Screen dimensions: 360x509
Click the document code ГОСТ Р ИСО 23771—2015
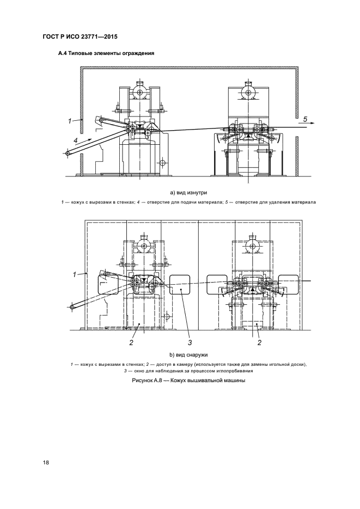coord(80,36)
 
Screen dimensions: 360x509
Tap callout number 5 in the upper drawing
coord(305,119)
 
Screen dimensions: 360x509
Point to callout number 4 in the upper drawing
coord(75,140)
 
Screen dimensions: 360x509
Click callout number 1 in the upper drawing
coord(70,121)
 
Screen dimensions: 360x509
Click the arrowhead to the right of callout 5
coord(312,124)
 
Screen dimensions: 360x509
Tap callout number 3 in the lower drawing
coord(190,342)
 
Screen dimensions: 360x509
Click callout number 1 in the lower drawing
coord(75,274)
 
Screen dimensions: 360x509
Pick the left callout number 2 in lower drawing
coord(131,342)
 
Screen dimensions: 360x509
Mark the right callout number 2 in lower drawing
coord(259,342)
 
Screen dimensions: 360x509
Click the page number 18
coord(46,463)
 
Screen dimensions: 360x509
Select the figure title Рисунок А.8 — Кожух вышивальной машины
coord(188,380)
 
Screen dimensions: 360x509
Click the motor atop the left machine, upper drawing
coord(140,93)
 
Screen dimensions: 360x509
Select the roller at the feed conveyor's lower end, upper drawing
coord(68,154)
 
